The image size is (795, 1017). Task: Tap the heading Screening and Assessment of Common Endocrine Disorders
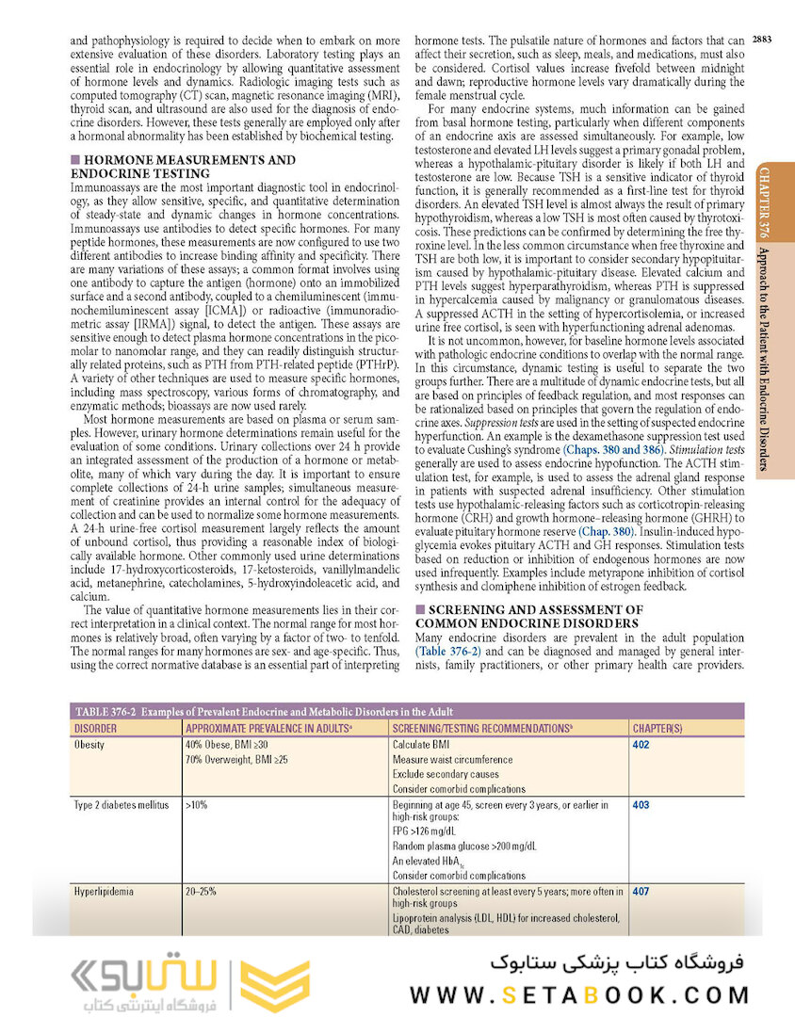click(x=529, y=617)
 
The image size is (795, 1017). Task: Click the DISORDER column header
click(x=96, y=728)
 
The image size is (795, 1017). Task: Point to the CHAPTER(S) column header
click(x=657, y=728)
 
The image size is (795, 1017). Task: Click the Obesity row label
click(x=89, y=744)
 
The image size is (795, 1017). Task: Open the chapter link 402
click(x=641, y=744)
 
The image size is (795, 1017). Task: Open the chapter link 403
click(x=641, y=805)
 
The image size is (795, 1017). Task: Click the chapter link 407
click(x=641, y=891)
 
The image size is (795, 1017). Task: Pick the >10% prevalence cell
click(x=196, y=805)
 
